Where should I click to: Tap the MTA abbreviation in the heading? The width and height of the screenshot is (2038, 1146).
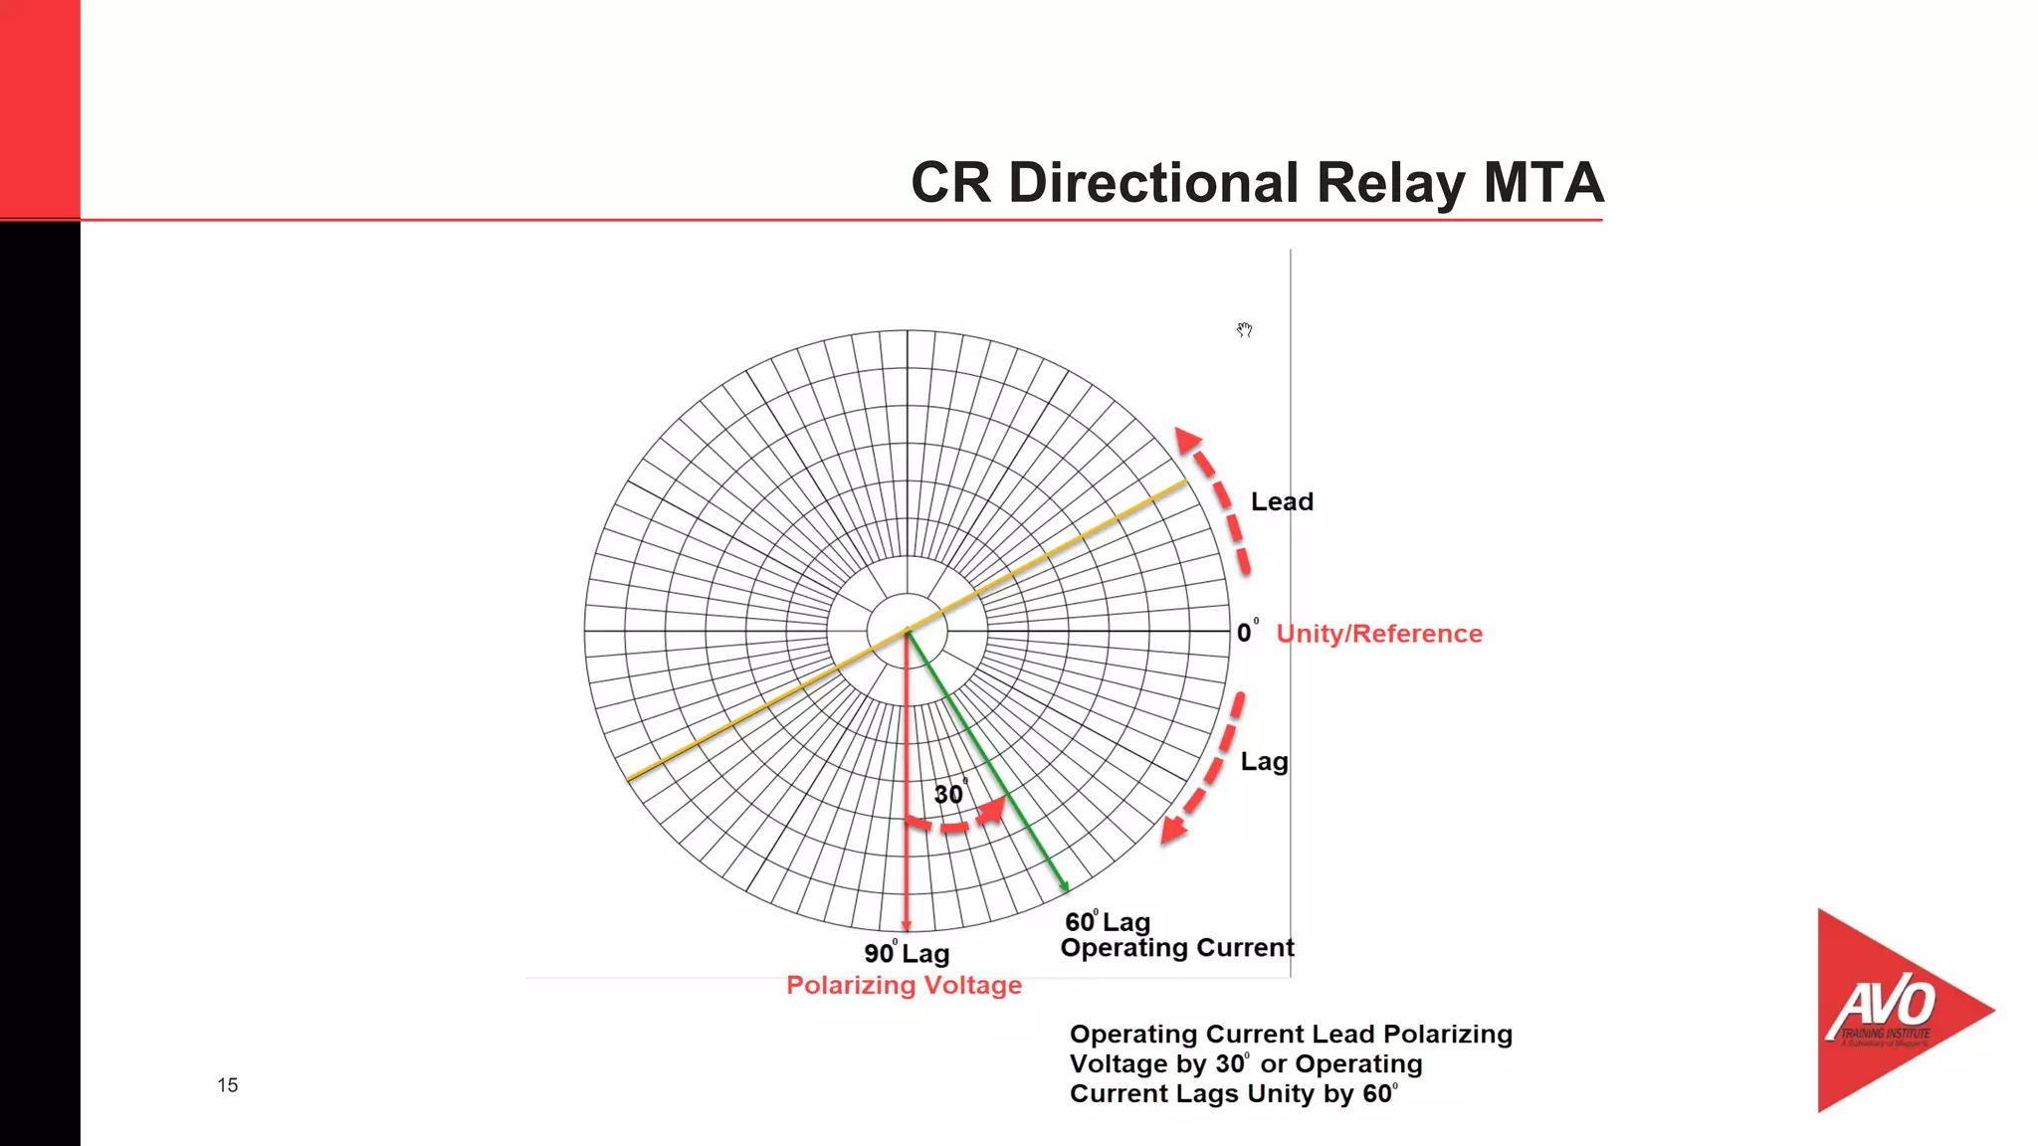tap(1542, 183)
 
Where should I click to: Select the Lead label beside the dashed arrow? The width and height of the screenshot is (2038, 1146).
tap(1282, 502)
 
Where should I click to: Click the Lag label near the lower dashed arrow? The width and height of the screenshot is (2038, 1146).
tap(1264, 762)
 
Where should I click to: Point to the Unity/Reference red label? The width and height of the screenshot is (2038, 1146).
tap(1379, 634)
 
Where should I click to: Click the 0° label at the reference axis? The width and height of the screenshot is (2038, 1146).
tap(1246, 633)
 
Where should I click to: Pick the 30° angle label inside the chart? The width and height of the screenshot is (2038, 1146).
tap(949, 794)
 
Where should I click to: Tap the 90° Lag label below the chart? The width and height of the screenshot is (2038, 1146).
tap(907, 953)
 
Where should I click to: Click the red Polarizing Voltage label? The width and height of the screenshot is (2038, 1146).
tap(904, 985)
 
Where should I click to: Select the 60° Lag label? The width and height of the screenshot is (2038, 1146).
tap(1107, 921)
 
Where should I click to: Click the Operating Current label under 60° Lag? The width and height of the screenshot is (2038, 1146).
tap(1177, 948)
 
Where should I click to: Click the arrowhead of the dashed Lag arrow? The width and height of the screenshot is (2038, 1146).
tap(1173, 830)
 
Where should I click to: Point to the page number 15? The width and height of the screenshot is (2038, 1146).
tap(228, 1085)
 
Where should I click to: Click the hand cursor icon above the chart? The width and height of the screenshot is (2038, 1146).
tap(1244, 329)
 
